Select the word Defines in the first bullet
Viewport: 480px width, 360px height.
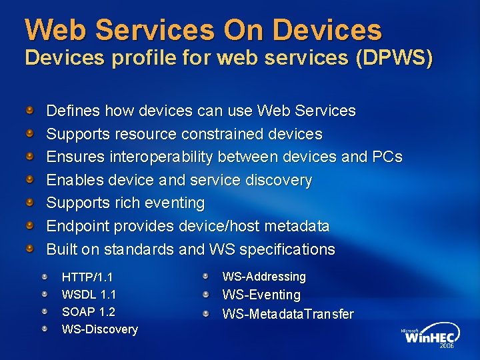(x=70, y=111)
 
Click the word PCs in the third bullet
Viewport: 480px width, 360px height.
(x=387, y=157)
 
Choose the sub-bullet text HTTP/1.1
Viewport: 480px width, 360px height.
(x=87, y=277)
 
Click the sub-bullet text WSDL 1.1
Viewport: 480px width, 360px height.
(x=89, y=294)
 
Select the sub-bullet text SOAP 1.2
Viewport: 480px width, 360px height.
(x=88, y=311)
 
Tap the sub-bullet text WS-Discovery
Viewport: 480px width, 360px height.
(x=99, y=329)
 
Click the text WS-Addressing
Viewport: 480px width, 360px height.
(x=264, y=276)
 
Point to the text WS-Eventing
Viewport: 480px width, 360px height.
(x=261, y=295)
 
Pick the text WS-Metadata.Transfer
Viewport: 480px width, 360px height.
(x=288, y=313)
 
